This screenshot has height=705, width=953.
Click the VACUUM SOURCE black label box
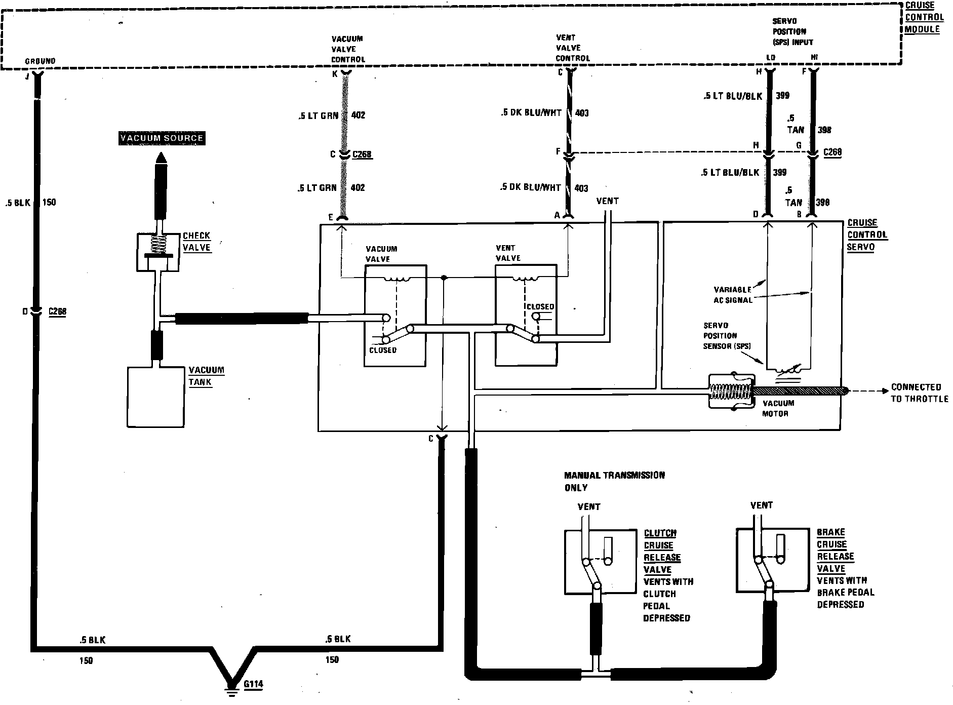pyautogui.click(x=162, y=138)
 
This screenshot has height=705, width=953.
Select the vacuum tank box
pyautogui.click(x=155, y=397)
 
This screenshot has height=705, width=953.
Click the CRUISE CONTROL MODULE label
pyautogui.click(x=924, y=17)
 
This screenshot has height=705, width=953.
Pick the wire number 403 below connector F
pyautogui.click(x=581, y=188)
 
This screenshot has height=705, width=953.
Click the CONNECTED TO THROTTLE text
pyautogui.click(x=919, y=393)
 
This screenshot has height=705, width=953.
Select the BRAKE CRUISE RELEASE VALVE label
pyautogui.click(x=836, y=550)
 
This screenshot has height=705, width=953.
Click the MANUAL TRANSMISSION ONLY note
pyautogui.click(x=614, y=481)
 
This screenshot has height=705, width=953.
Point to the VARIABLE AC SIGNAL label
pyautogui.click(x=733, y=295)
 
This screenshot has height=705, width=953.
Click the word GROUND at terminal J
pyautogui.click(x=40, y=61)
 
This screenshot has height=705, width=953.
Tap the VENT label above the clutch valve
pyautogui.click(x=589, y=506)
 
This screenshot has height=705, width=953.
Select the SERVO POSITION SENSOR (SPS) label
pyautogui.click(x=726, y=336)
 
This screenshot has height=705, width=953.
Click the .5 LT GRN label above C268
pyautogui.click(x=317, y=116)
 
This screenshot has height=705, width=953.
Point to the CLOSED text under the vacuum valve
pyautogui.click(x=383, y=350)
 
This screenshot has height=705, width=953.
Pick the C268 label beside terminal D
pyautogui.click(x=57, y=311)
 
